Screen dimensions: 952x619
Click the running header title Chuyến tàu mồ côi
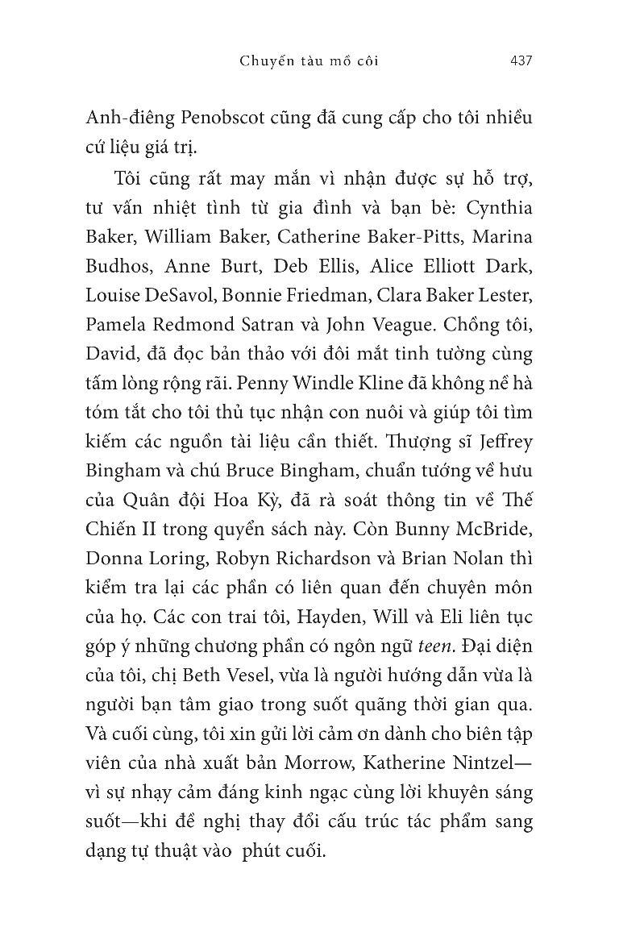click(x=309, y=60)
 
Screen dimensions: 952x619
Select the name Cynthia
click(x=504, y=207)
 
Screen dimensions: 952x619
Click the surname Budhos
click(x=118, y=267)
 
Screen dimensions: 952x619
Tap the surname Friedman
click(x=344, y=296)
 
